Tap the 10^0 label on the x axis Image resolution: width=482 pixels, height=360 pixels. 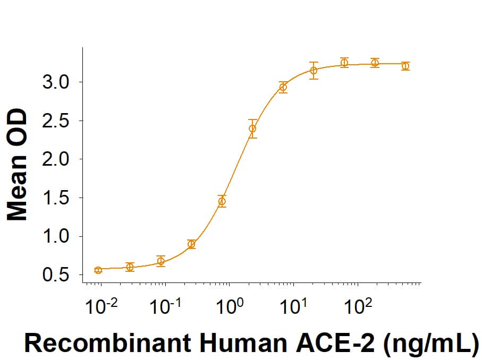230,306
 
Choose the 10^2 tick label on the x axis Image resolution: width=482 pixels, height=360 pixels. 358,306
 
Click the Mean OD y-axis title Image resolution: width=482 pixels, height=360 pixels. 19,164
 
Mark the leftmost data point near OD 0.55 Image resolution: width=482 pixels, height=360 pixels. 98,270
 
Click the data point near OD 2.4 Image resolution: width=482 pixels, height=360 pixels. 252,128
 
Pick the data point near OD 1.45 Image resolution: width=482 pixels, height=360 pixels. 222,201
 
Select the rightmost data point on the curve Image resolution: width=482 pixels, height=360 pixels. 405,66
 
